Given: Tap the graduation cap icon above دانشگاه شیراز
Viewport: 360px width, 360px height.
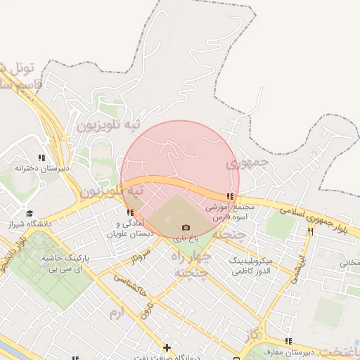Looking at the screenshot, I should coord(30,213).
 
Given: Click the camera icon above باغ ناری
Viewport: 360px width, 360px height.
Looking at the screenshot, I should coord(186,227).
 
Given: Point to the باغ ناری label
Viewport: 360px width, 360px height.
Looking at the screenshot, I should coord(186,238).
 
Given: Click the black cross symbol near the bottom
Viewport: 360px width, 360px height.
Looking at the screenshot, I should coord(167,347).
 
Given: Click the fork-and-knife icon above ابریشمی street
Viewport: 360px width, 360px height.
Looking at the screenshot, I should coord(310,231).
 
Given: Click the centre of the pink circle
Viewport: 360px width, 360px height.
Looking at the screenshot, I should coord(180,180).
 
